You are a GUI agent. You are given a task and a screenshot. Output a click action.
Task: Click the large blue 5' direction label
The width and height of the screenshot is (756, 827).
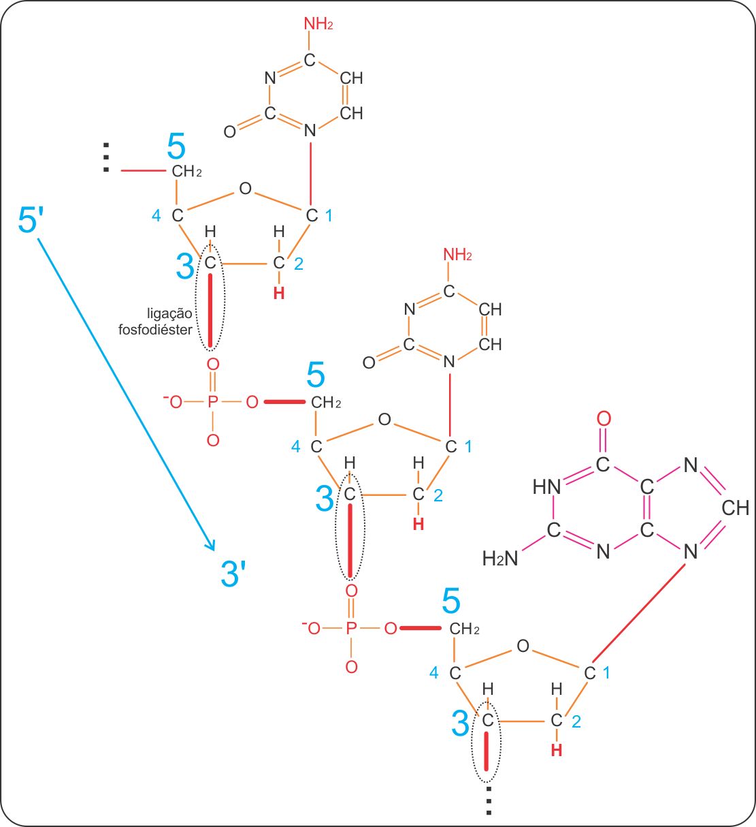pyautogui.click(x=31, y=221)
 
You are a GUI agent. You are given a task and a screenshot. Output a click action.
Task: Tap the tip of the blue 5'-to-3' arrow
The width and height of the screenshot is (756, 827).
pyautogui.click(x=214, y=548)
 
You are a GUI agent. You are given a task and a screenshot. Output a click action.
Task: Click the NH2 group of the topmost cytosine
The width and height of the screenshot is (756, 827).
pyautogui.click(x=318, y=25)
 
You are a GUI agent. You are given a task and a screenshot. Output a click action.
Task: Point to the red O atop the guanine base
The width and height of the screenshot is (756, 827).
pyautogui.click(x=604, y=419)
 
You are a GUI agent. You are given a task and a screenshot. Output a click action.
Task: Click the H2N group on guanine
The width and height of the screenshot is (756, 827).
pyautogui.click(x=500, y=559)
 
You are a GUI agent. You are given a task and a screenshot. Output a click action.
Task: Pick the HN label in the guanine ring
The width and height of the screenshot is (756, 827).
pyautogui.click(x=546, y=487)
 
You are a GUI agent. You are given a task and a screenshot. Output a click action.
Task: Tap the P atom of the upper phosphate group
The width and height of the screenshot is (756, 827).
pyautogui.click(x=213, y=403)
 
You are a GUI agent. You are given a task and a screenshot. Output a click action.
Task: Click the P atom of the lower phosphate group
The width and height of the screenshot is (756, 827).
pyautogui.click(x=351, y=628)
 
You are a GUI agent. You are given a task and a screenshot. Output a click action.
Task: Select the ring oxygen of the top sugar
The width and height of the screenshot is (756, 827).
pyautogui.click(x=245, y=189)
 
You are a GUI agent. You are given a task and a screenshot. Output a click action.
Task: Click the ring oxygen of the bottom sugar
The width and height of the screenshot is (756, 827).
pyautogui.click(x=522, y=646)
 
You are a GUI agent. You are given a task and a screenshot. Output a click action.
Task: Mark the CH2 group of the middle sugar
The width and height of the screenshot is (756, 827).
pyautogui.click(x=326, y=403)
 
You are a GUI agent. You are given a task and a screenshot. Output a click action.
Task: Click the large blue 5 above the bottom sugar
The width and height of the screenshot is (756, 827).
pyautogui.click(x=451, y=602)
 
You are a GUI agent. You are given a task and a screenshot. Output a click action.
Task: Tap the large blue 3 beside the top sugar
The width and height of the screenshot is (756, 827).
pyautogui.click(x=184, y=266)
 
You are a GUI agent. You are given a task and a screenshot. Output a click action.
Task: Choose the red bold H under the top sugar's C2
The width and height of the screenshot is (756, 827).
pyautogui.click(x=279, y=294)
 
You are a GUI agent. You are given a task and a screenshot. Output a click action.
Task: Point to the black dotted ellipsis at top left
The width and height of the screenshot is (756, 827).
pyautogui.click(x=106, y=157)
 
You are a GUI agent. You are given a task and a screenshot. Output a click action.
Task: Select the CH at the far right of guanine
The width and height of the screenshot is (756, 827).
pyautogui.click(x=735, y=508)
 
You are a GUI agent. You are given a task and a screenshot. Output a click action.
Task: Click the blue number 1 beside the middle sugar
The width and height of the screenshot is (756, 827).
pyautogui.click(x=468, y=447)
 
